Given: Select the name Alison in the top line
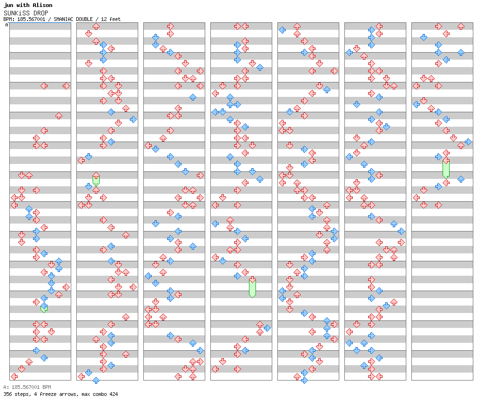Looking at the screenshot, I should pyautogui.click(x=42, y=5).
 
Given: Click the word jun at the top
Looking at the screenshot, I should pyautogui.click(x=9, y=5).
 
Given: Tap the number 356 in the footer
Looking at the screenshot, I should pyautogui.click(x=8, y=394).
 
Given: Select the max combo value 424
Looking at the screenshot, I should pyautogui.click(x=113, y=394).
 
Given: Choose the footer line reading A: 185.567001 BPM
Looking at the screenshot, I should pyautogui.click(x=27, y=387).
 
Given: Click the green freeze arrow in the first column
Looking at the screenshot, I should pyautogui.click(x=44, y=308).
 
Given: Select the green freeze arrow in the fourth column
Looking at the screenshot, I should pyautogui.click(x=252, y=287).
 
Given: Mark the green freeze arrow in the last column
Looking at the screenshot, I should pyautogui.click(x=446, y=168).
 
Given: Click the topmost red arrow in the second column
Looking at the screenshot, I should pyautogui.click(x=96, y=27).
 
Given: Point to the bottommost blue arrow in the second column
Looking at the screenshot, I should pyautogui.click(x=96, y=380).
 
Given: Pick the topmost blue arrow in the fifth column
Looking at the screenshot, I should pyautogui.click(x=282, y=30).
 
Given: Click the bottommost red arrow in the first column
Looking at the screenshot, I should pyautogui.click(x=14, y=376).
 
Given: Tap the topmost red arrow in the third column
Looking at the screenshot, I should pyautogui.click(x=170, y=27).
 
